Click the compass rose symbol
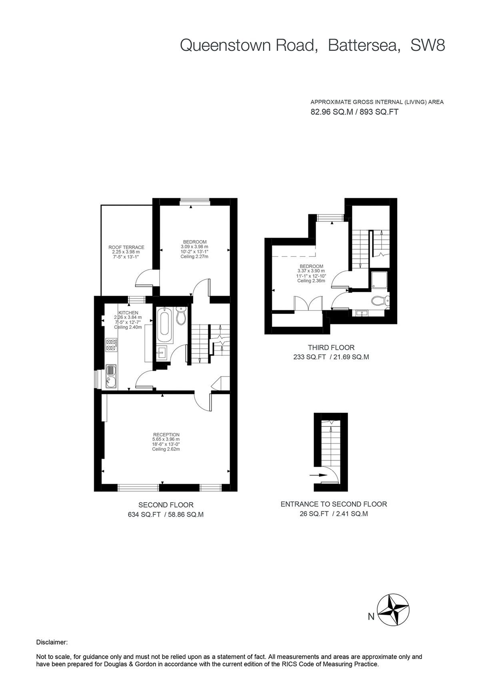click(394, 610)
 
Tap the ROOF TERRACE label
click(126, 247)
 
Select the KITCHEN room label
click(128, 313)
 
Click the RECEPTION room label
click(166, 435)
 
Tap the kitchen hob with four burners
click(111, 345)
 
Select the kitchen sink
click(111, 377)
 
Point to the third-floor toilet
click(379, 301)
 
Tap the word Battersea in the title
click(364, 45)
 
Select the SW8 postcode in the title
click(428, 45)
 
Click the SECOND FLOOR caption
click(166, 505)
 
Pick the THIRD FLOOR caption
click(331, 348)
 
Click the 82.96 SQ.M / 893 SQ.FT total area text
click(354, 112)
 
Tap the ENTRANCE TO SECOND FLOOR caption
click(334, 504)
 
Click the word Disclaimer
click(52, 642)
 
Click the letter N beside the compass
click(371, 617)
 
